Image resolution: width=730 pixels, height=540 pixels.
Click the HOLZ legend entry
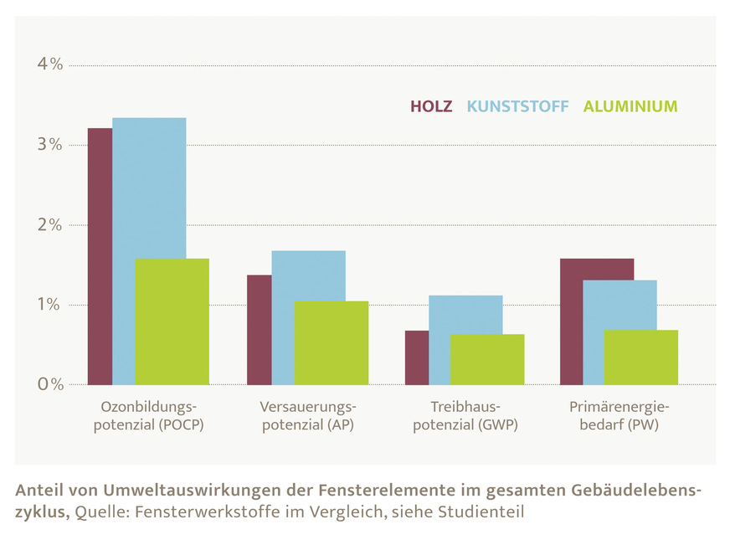[x=431, y=106]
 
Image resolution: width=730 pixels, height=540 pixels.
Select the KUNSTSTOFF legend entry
[x=517, y=106]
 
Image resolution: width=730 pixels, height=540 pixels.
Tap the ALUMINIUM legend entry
[x=630, y=106]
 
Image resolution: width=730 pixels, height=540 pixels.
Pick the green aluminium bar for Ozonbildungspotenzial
[x=172, y=321]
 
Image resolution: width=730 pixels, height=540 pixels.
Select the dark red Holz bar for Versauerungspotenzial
[x=259, y=330]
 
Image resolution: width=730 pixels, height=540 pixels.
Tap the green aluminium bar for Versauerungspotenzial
[x=331, y=342]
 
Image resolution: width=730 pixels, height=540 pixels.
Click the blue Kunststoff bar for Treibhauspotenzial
[x=465, y=314]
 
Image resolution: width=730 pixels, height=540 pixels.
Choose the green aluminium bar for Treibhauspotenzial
[x=487, y=359]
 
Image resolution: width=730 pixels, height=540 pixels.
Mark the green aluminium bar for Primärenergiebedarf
[x=640, y=357]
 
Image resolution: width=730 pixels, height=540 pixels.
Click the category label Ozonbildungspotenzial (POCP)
[x=152, y=416]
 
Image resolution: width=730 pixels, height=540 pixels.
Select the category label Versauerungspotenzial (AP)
[x=308, y=416]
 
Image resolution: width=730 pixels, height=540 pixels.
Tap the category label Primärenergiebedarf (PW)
[x=619, y=416]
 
